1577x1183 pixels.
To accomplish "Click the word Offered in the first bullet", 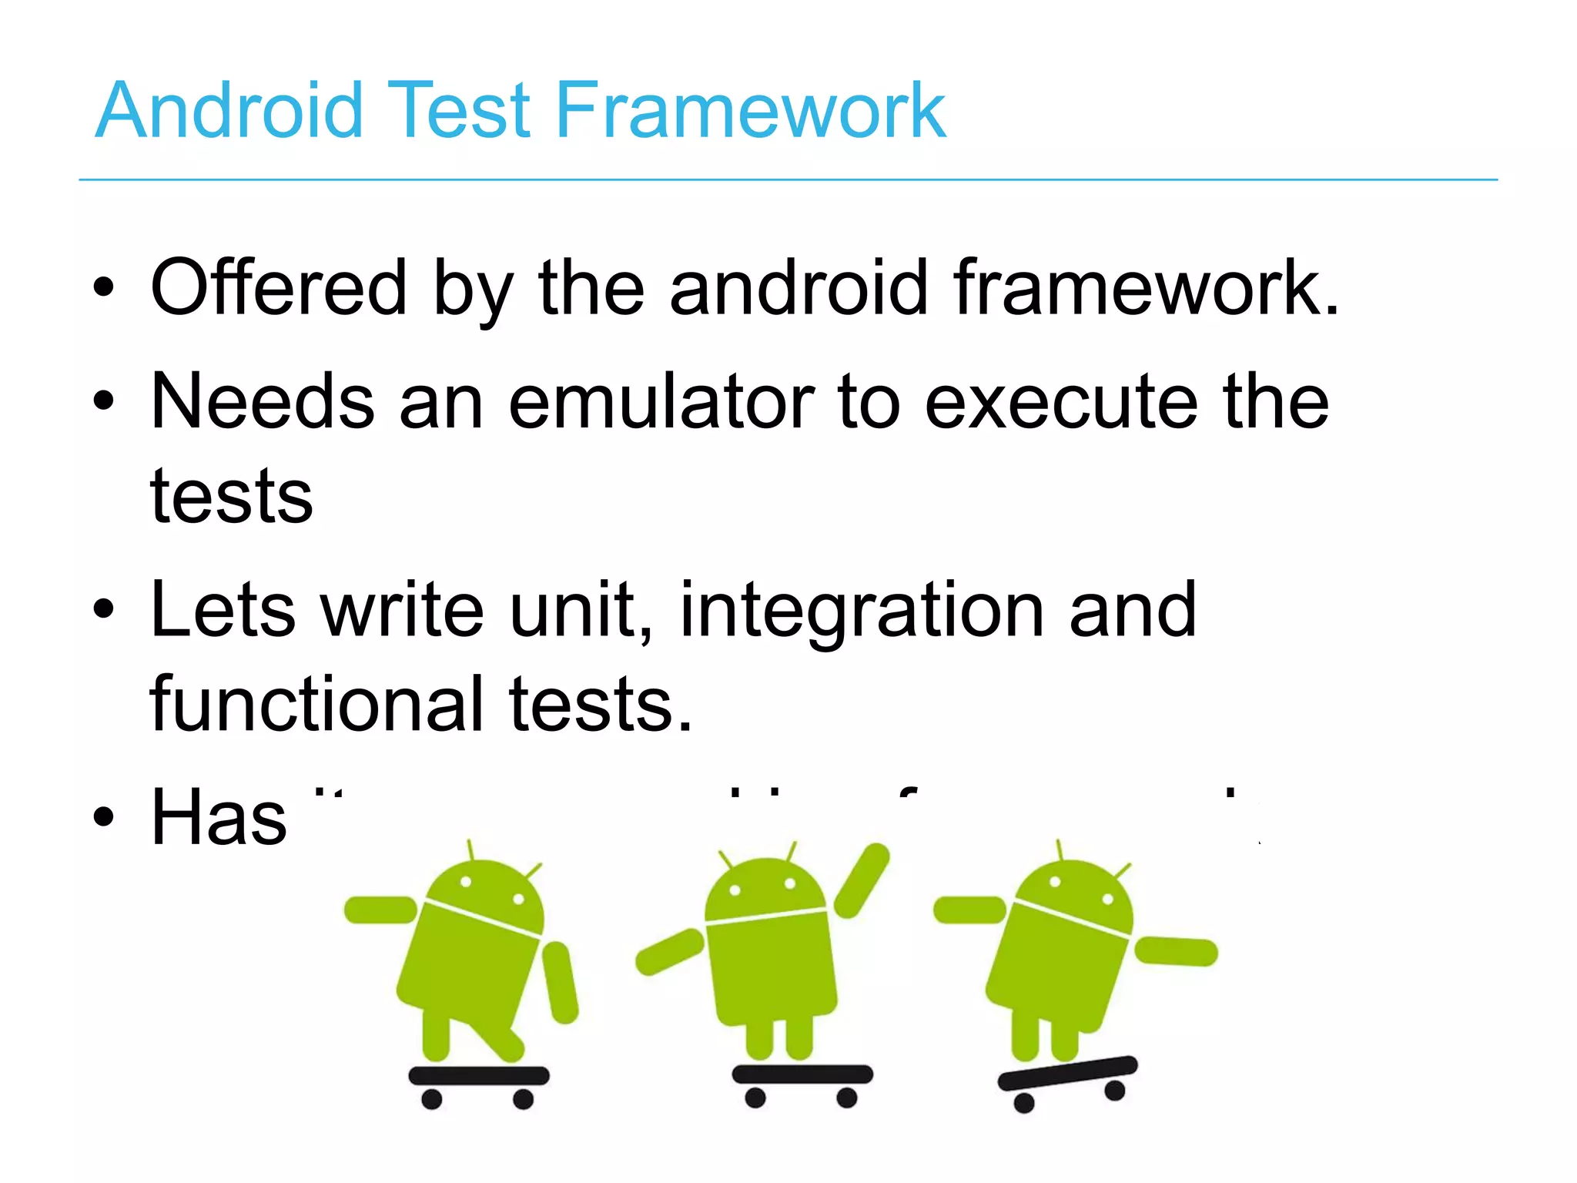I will pos(278,288).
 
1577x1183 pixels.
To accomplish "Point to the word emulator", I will pos(661,401).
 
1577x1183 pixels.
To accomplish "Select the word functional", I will pos(316,703).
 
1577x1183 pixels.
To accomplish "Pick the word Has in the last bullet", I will pos(219,817).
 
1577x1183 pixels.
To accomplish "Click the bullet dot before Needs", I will pos(103,400).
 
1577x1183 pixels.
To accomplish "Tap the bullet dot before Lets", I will pos(103,609).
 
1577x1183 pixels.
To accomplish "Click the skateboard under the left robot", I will pos(478,1076).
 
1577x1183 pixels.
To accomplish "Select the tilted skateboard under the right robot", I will pos(1067,1072).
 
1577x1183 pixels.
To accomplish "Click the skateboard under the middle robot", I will pos(802,1074).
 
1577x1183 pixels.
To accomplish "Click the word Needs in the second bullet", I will pos(262,401).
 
